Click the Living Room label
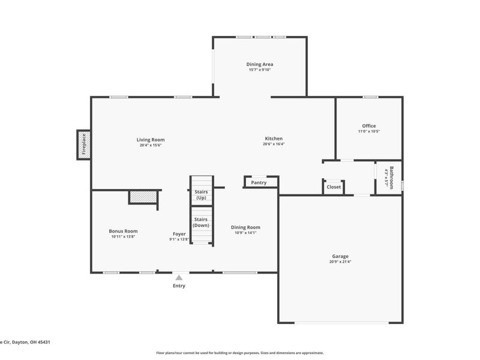coord(151,140)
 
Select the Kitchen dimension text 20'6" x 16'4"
coord(274,145)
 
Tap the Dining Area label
coord(260,64)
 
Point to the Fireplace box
coord(84,145)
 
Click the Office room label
coord(368,126)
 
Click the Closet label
coord(334,187)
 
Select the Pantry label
coord(259,182)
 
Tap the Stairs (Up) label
coord(201,194)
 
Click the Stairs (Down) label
coord(201,222)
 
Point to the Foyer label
coord(179,234)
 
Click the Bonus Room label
coord(123,231)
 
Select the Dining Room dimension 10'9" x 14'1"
coord(245,233)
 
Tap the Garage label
coord(340,256)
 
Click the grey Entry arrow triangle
coord(179,277)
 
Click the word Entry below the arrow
coord(179,286)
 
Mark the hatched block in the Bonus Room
coord(143,196)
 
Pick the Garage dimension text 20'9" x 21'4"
coord(340,262)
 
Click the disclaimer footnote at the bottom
coord(240,353)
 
